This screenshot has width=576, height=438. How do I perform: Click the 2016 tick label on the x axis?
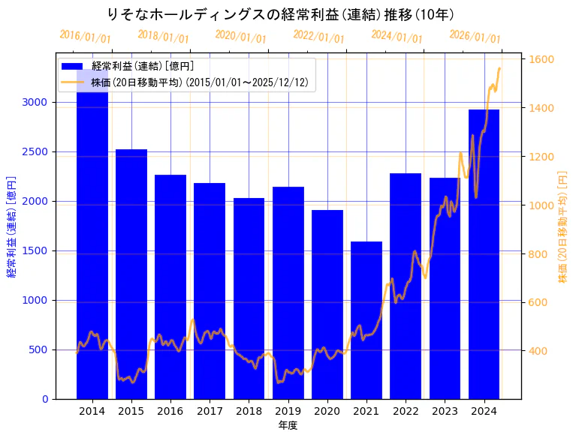pyautogui.click(x=170, y=411)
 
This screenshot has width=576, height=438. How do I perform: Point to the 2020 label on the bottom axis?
pyautogui.click(x=327, y=411)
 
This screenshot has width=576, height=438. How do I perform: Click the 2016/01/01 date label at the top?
pyautogui.click(x=85, y=37)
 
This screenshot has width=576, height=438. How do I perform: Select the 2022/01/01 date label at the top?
pyautogui.click(x=319, y=37)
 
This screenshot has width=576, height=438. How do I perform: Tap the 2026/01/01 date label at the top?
pyautogui.click(x=475, y=37)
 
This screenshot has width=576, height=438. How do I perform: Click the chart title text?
pyautogui.click(x=280, y=14)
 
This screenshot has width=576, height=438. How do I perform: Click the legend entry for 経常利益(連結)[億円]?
pyautogui.click(x=143, y=67)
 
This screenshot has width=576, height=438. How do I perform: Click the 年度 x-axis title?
pyautogui.click(x=288, y=425)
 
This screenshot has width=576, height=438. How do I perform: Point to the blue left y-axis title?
pyautogui.click(x=11, y=226)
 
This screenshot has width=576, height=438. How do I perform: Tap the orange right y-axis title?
pyautogui.click(x=562, y=226)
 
